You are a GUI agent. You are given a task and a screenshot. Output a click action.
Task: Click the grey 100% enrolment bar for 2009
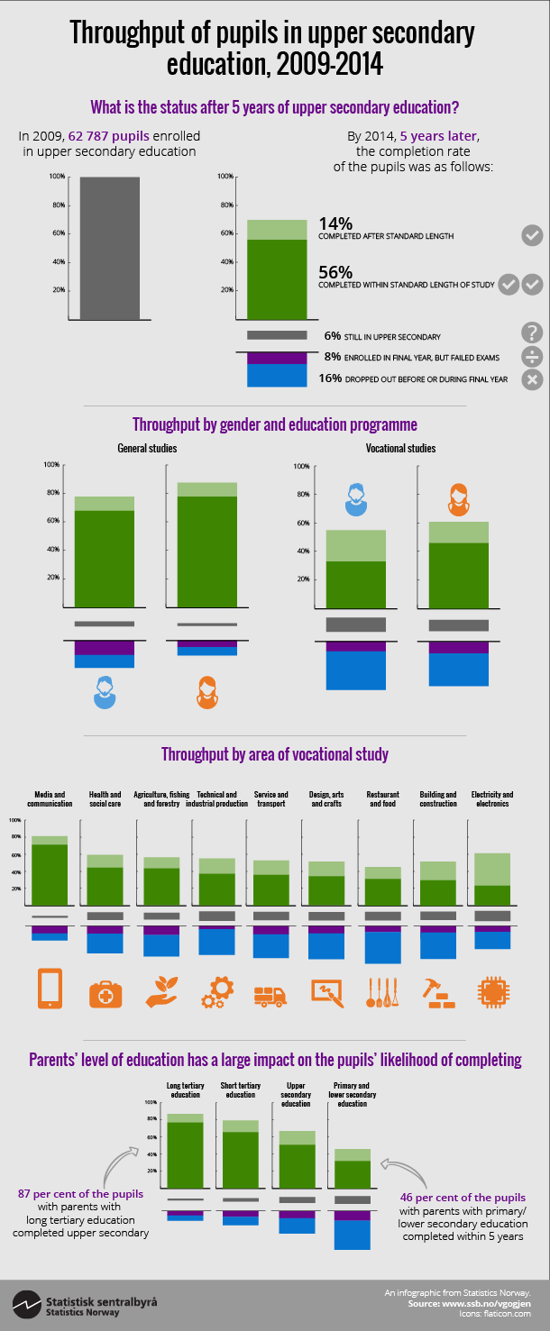point(109,248)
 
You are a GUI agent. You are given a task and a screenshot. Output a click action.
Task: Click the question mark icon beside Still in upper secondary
point(532,332)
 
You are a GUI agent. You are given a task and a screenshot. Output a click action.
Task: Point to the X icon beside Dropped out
point(532,379)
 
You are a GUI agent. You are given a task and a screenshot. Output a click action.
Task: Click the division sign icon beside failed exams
point(532,356)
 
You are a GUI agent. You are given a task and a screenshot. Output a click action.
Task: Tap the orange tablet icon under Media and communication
point(50,989)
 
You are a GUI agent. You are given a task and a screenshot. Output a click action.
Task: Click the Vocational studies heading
point(400,448)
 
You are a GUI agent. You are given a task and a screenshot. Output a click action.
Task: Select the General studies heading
point(147,448)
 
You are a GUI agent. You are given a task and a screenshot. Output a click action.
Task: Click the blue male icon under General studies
point(105,691)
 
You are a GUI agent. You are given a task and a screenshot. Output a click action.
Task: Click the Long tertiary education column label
point(185,1090)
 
